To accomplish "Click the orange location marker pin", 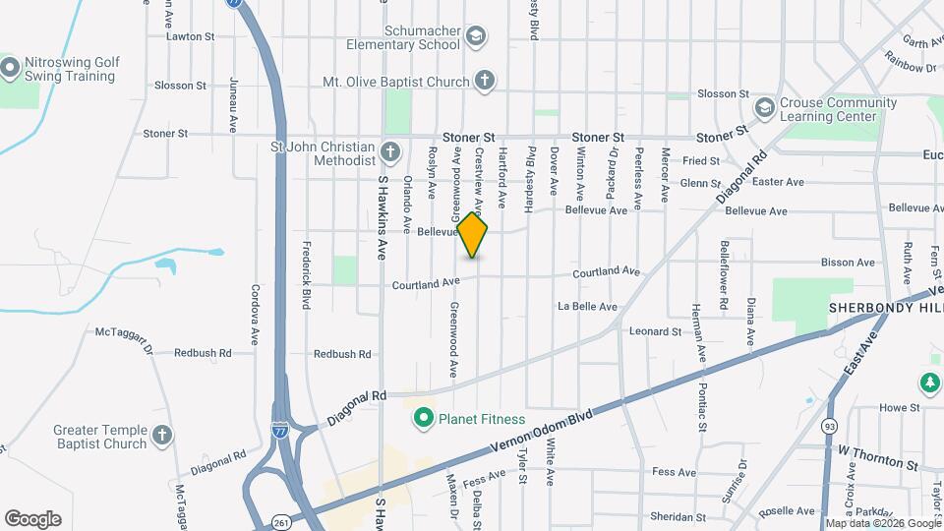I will click(473, 234).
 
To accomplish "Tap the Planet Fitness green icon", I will click(424, 419).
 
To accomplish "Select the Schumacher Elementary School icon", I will click(476, 37).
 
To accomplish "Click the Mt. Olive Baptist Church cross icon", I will click(484, 82).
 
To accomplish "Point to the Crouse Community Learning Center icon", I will click(764, 107).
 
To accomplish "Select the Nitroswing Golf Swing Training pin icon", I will click(11, 68).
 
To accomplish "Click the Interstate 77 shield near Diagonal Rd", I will click(280, 430).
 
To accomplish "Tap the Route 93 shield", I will click(831, 425).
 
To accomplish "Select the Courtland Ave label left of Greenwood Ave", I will click(426, 284).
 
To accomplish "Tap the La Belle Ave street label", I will click(587, 307).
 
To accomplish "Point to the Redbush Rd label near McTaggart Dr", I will click(203, 352).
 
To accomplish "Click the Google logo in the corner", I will click(32, 519).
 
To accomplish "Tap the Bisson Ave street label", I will click(849, 263).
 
